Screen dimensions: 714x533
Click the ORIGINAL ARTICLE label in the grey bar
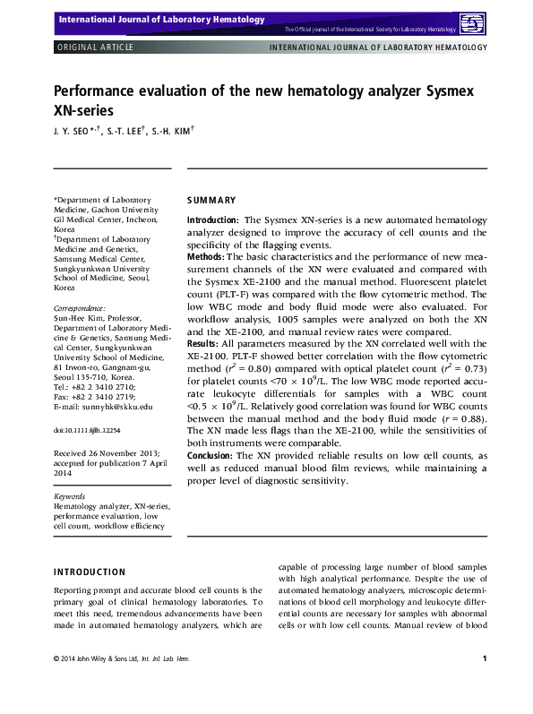[x=95, y=47]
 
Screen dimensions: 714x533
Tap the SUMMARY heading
[x=211, y=200]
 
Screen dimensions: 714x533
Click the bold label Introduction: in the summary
[x=212, y=220]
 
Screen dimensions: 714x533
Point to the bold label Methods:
[x=206, y=256]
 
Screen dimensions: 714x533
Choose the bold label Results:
[x=205, y=343]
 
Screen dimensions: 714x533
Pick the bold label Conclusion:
[x=211, y=455]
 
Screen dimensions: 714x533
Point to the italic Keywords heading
[x=70, y=495]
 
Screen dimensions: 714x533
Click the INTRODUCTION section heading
[x=90, y=572]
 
